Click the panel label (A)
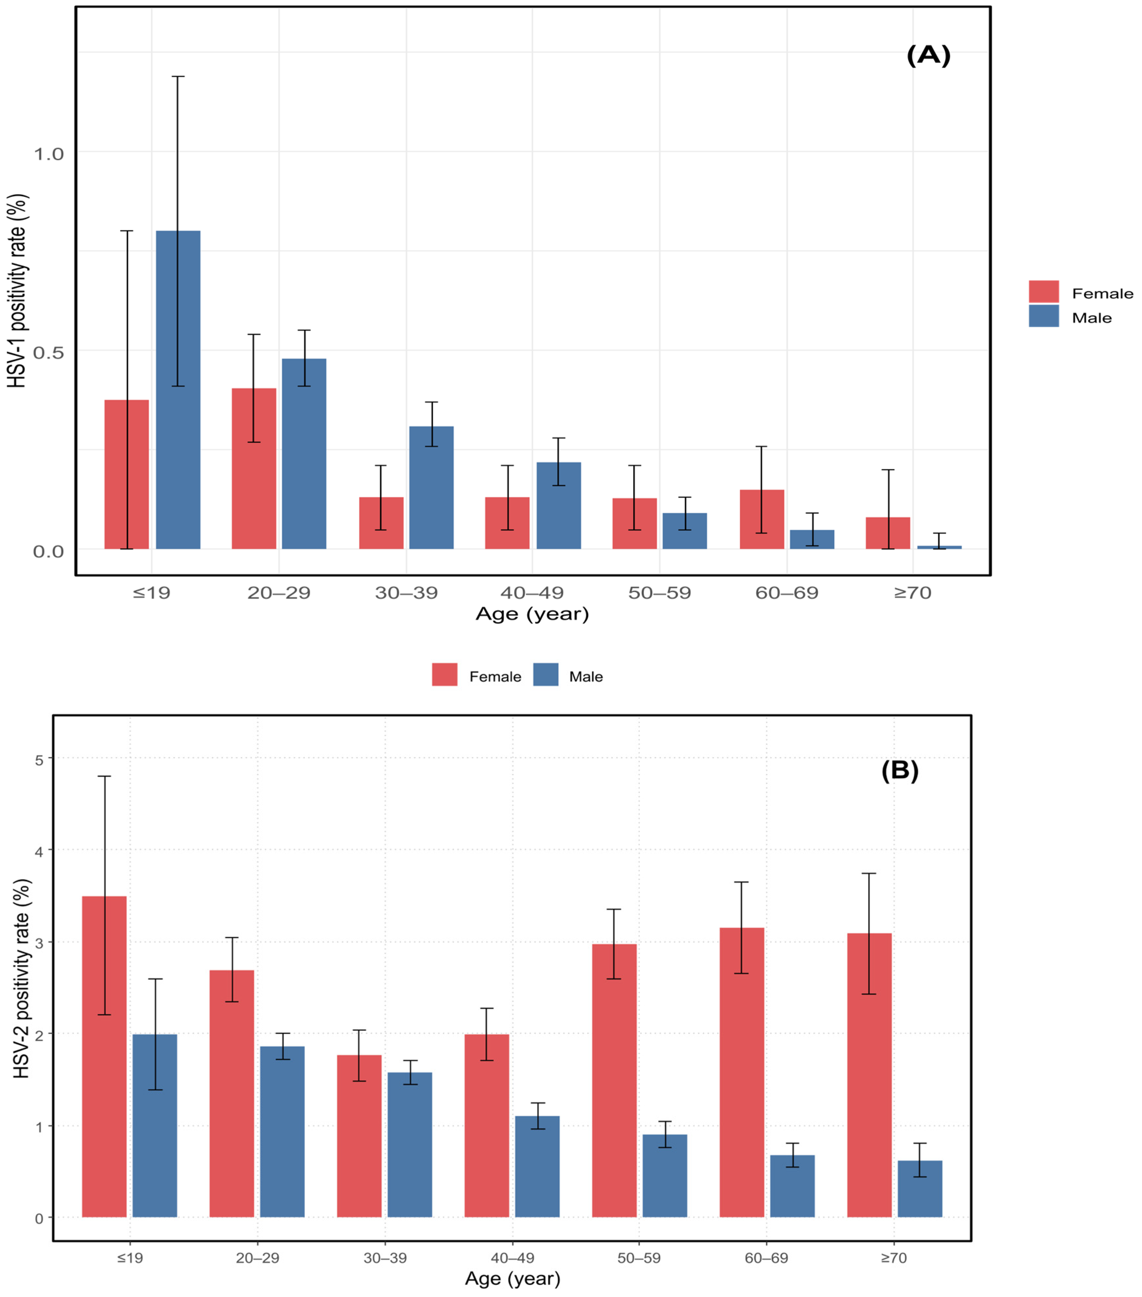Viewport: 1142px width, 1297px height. coord(928,56)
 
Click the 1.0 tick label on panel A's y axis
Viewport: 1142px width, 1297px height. coord(49,153)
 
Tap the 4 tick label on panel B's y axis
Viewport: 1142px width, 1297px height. coord(39,852)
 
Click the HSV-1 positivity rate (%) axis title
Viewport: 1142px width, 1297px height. coord(18,291)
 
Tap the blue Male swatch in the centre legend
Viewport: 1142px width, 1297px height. coord(546,675)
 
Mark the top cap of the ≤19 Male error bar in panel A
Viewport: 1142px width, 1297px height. coord(178,76)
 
